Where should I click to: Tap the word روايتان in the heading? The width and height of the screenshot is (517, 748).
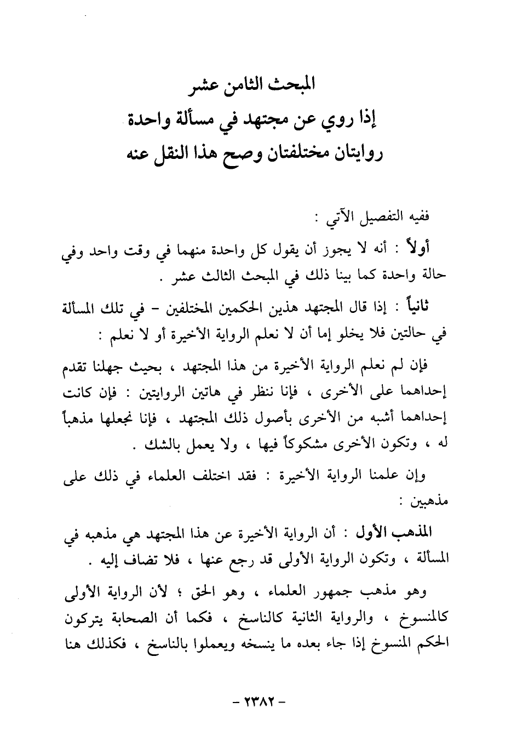354,151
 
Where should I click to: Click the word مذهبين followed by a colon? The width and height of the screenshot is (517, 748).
431,500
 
